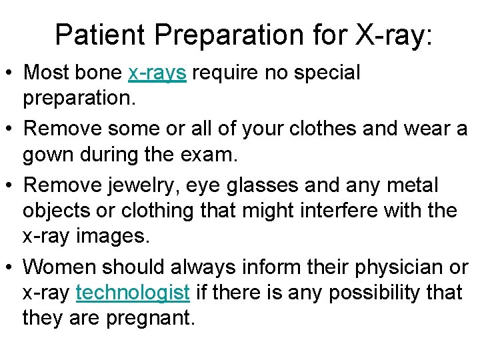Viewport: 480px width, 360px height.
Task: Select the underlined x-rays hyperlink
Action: coord(157,73)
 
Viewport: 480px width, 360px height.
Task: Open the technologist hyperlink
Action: coord(134,292)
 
